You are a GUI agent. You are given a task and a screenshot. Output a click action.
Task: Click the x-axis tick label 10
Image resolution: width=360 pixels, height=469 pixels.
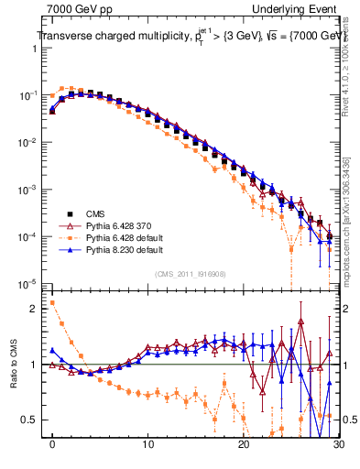147,449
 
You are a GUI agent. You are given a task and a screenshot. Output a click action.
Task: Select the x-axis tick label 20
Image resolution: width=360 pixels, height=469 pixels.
243,449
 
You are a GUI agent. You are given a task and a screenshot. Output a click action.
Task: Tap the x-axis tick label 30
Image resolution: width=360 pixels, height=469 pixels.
337,449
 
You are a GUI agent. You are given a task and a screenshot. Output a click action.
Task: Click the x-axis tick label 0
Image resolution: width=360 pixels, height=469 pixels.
52,449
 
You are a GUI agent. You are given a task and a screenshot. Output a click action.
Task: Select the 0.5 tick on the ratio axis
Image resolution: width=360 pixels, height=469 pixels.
34,420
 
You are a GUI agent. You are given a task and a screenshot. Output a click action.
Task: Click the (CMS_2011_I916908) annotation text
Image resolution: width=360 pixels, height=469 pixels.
190,274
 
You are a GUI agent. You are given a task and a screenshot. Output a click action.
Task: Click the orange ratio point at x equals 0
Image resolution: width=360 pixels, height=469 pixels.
52,303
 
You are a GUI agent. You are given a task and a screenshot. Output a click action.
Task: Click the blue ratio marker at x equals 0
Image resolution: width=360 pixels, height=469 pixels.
52,349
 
